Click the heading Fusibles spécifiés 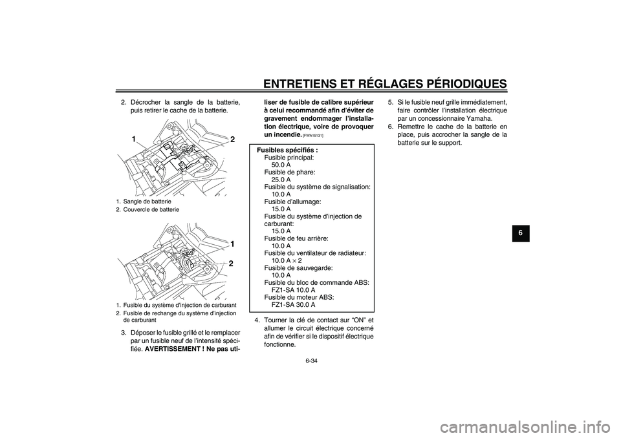[288, 150]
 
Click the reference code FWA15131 [313, 136]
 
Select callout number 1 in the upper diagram [133, 139]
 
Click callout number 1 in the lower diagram [231, 244]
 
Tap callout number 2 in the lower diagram [231, 264]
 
